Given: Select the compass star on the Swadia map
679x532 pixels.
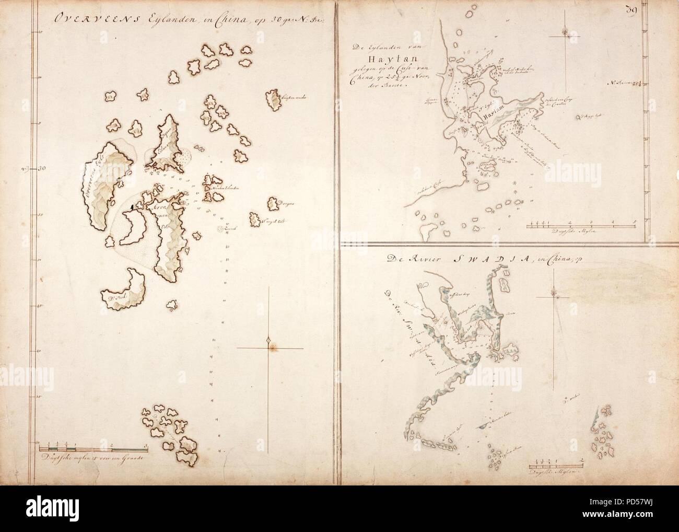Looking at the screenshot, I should pyautogui.click(x=557, y=296).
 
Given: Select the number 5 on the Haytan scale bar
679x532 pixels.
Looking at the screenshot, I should pyautogui.click(x=634, y=222).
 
